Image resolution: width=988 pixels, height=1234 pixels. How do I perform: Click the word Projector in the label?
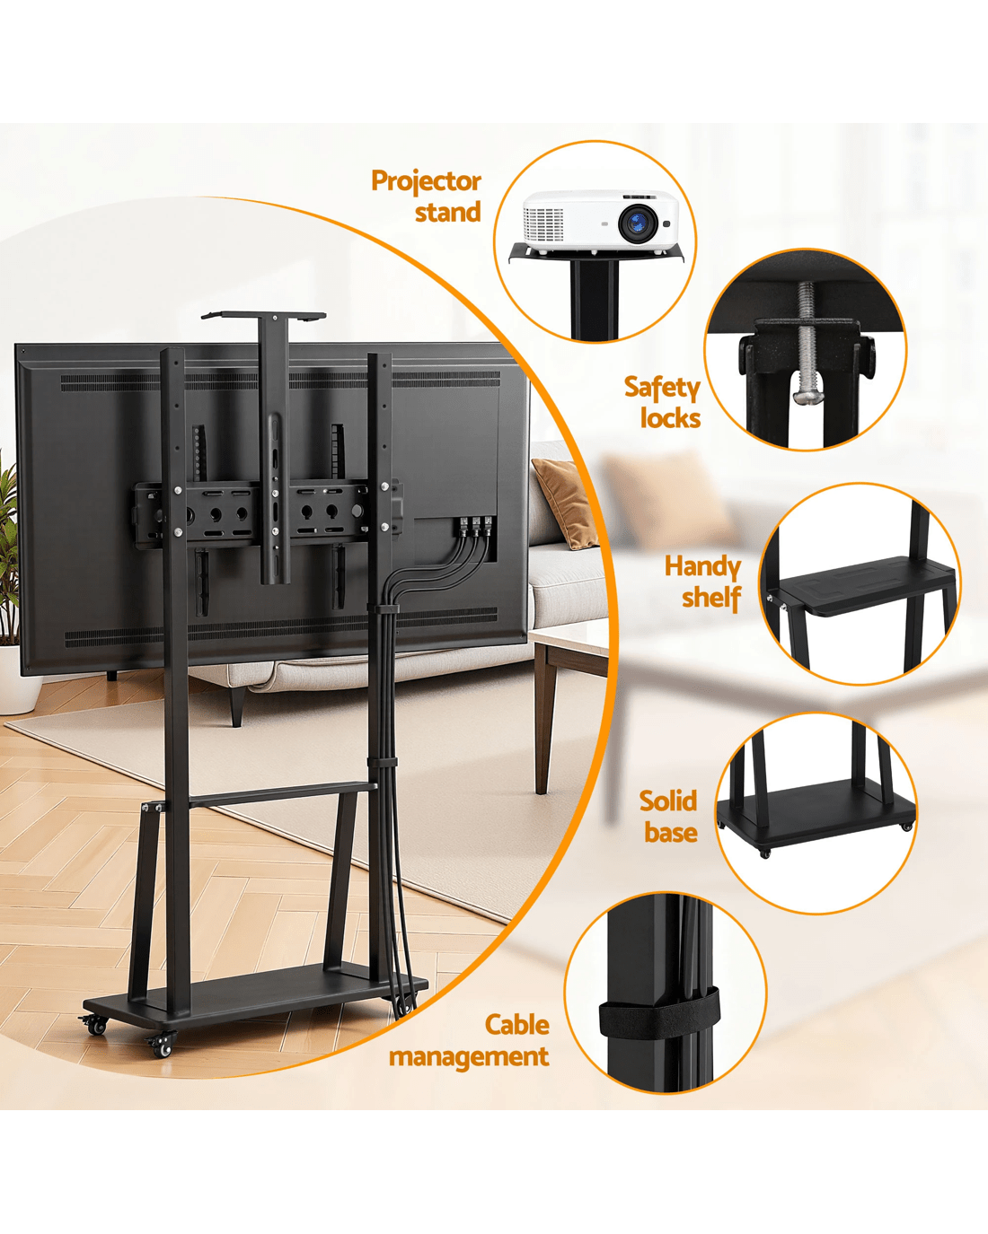(x=426, y=182)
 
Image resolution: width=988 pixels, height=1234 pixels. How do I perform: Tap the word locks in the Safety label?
(x=671, y=417)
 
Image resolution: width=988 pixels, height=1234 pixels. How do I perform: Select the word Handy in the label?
(x=702, y=567)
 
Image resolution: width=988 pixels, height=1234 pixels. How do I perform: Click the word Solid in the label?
(x=668, y=801)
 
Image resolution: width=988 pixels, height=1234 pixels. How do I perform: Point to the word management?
(x=469, y=1057)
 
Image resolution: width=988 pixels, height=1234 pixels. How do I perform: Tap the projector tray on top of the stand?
(x=264, y=315)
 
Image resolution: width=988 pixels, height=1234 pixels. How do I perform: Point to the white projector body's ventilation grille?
(x=543, y=224)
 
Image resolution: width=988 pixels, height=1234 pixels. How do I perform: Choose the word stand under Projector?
(x=448, y=212)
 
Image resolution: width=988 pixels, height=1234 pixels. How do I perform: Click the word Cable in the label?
(x=516, y=1025)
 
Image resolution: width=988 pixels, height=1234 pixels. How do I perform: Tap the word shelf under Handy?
(x=711, y=598)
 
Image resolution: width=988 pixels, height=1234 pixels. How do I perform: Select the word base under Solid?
(x=671, y=832)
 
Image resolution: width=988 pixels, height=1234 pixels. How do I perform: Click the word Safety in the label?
(x=663, y=389)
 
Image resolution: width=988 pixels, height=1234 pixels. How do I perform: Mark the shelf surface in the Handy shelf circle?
(x=862, y=582)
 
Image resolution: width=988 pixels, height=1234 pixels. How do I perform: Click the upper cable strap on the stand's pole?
(x=383, y=608)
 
